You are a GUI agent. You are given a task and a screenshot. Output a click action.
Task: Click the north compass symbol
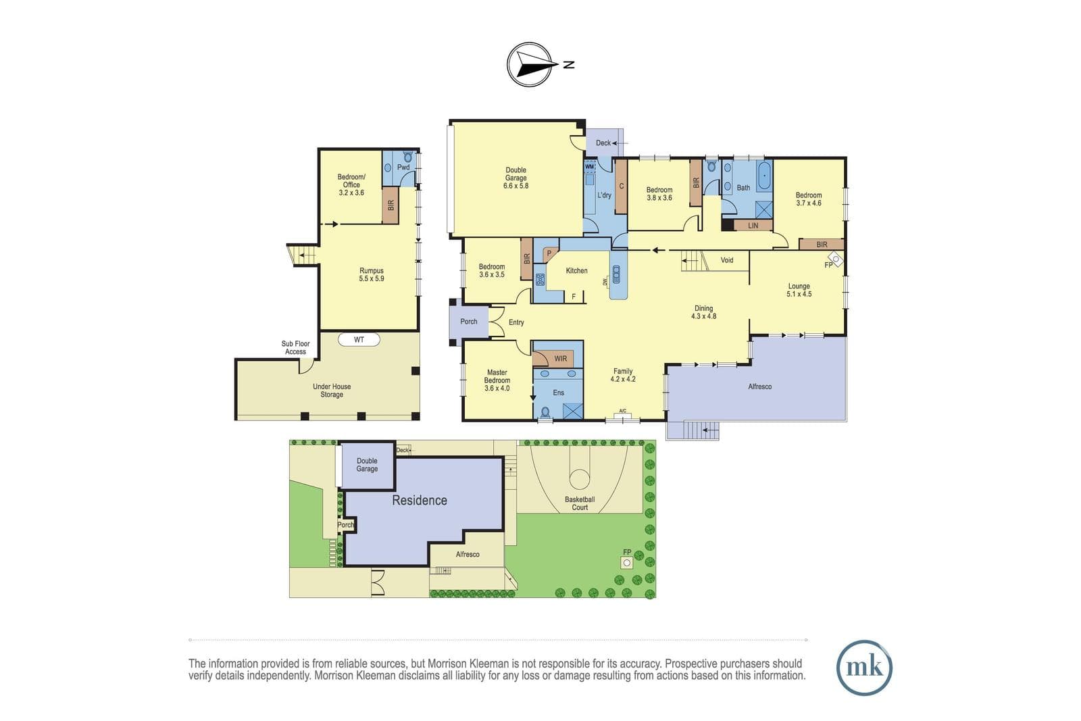coord(530,65)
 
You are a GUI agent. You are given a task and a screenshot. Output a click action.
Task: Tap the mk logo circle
coord(864,668)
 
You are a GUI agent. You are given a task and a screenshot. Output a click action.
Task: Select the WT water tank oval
coord(359,340)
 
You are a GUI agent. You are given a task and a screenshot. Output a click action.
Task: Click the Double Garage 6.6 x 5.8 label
coord(516,178)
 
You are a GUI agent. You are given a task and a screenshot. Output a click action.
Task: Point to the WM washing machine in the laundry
coord(589,166)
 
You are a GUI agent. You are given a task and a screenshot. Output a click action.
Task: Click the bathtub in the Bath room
coord(764,176)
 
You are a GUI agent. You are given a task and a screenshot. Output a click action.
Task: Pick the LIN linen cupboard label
coord(753,226)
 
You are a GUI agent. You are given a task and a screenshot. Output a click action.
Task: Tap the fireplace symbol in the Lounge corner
coord(836,259)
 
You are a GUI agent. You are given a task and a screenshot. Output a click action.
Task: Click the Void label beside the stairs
coord(727,260)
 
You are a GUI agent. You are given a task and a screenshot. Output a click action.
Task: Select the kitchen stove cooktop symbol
coord(540,280)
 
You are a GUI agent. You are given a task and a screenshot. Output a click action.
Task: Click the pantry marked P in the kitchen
coord(549,253)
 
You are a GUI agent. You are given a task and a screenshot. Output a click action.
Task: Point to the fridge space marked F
coord(574,297)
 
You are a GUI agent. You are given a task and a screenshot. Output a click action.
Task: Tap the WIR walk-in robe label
coord(560,359)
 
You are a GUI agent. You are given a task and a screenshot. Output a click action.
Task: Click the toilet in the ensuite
coord(545,413)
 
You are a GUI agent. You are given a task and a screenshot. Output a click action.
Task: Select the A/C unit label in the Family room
coord(622,411)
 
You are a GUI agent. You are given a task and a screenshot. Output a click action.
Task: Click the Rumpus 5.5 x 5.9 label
coord(371,274)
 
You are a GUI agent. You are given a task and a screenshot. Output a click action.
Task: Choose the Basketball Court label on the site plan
coord(580,503)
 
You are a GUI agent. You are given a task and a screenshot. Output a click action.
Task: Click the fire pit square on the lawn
coord(627,562)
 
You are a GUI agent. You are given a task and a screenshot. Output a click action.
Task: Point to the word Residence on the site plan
coord(420,501)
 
